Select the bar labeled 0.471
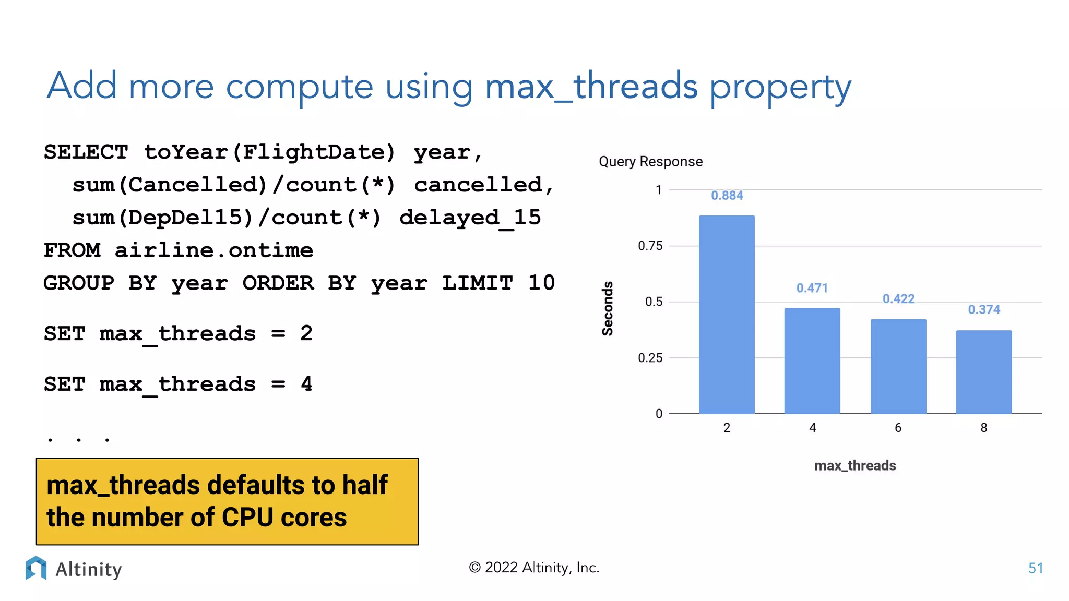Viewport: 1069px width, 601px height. click(x=812, y=360)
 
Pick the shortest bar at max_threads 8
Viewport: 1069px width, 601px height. click(x=983, y=372)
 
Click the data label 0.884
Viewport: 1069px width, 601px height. click(x=727, y=196)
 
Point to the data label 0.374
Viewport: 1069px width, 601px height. click(x=984, y=309)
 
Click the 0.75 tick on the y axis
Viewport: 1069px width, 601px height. click(x=650, y=246)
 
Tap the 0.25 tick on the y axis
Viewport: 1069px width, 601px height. click(x=650, y=358)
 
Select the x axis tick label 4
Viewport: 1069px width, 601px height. click(x=812, y=428)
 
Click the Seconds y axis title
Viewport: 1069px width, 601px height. click(x=608, y=308)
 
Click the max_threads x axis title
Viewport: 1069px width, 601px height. click(x=854, y=465)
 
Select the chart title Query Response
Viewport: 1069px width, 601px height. click(x=650, y=162)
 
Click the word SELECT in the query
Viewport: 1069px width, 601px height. click(x=86, y=152)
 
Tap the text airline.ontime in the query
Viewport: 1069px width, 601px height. click(x=213, y=250)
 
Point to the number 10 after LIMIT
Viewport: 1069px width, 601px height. click(x=541, y=283)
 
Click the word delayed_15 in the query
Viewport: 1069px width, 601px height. click(x=470, y=218)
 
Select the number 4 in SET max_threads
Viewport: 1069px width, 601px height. click(x=306, y=384)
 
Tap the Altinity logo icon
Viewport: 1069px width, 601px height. click(x=36, y=568)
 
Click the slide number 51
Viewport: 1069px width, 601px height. click(x=1035, y=568)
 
